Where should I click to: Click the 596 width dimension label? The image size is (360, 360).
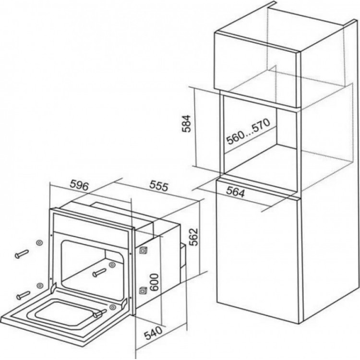tap(79, 185)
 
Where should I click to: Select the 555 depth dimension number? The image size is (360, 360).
tap(159, 186)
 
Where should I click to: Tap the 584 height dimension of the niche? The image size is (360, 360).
tap(186, 123)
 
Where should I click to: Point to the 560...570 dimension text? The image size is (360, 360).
tap(248, 132)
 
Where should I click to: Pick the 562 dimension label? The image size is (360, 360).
tap(193, 237)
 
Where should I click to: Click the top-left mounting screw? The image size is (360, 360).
tap(22, 254)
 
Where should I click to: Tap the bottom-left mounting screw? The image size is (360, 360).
tap(23, 295)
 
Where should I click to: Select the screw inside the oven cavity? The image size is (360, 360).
tap(99, 273)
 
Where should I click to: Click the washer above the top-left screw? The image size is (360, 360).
tap(39, 242)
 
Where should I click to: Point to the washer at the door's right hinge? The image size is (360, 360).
tap(112, 307)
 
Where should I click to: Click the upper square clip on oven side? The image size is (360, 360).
tap(143, 250)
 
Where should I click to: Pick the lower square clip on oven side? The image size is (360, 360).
tap(143, 290)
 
